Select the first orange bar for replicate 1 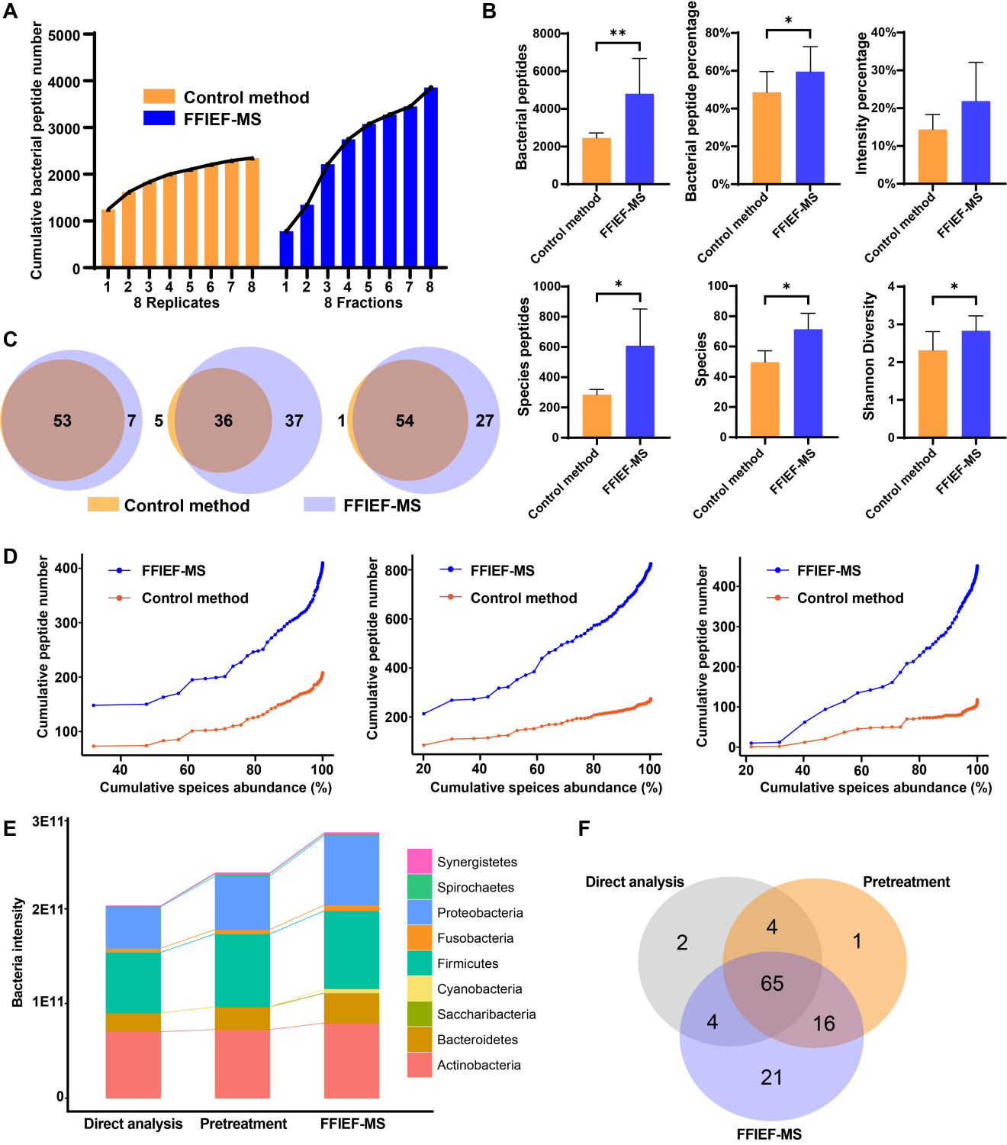click(x=108, y=238)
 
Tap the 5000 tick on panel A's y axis click(x=64, y=35)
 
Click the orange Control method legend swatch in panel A click(x=159, y=97)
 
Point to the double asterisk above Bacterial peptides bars click(x=618, y=34)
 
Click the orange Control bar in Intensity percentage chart click(x=932, y=156)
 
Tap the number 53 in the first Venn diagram click(x=63, y=421)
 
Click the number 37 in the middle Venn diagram click(x=294, y=421)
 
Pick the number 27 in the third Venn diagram click(x=485, y=421)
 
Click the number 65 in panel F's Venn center click(x=772, y=983)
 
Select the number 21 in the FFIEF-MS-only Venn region click(x=771, y=1077)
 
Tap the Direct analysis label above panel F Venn click(x=635, y=882)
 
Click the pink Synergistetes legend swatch click(x=420, y=861)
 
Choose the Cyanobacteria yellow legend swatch click(x=420, y=989)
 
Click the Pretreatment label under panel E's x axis click(x=243, y=1124)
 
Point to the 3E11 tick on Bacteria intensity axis click(x=48, y=821)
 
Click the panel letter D click(x=11, y=556)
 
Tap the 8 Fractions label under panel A click(x=363, y=302)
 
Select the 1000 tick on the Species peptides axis click(x=546, y=286)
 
